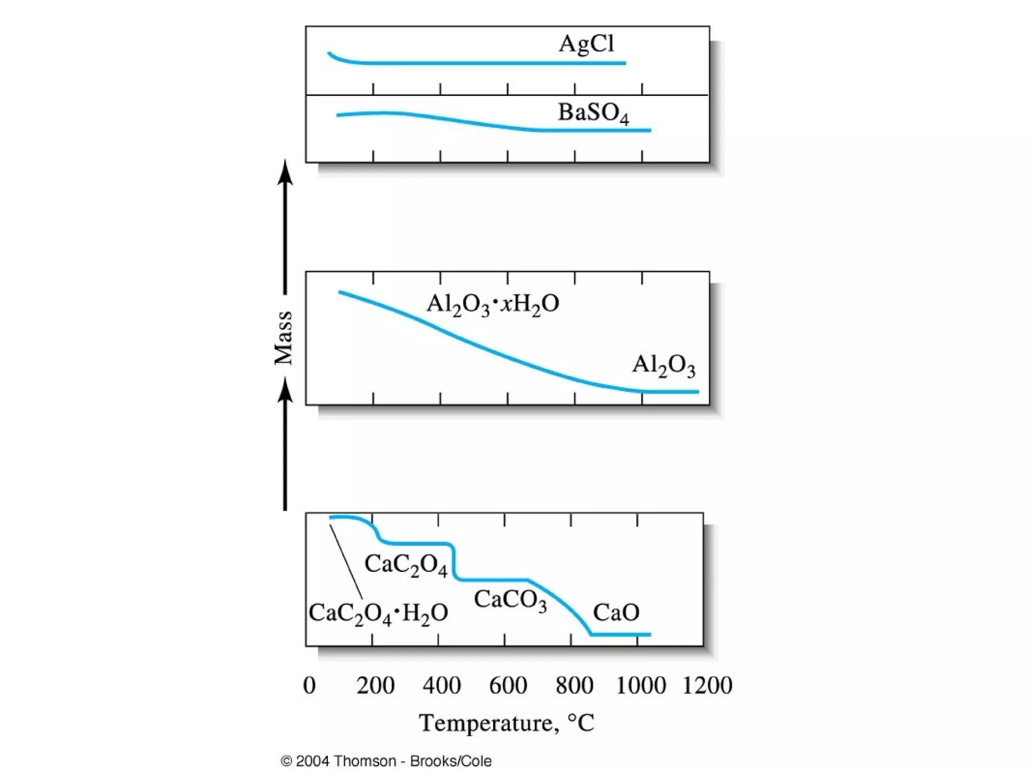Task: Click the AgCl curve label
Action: point(586,44)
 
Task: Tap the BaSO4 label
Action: point(593,113)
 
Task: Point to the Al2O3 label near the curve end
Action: point(663,365)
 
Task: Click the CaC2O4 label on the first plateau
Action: point(405,565)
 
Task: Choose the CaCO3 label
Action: point(510,600)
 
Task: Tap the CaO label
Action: point(616,613)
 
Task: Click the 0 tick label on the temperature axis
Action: point(309,686)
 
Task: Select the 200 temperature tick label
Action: point(375,686)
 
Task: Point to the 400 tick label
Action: point(442,686)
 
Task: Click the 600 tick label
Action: point(508,686)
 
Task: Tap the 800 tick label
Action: point(574,686)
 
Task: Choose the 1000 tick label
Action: point(641,686)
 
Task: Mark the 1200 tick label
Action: point(707,686)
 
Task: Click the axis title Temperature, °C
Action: point(506,723)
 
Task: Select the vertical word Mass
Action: point(284,338)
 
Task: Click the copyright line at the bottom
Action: point(386,761)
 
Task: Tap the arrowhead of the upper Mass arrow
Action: point(285,172)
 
